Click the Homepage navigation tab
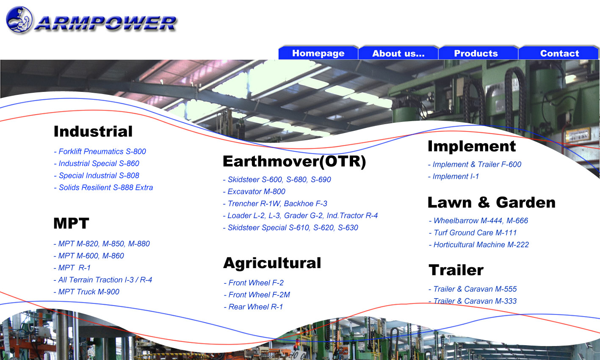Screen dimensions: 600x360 [x=318, y=53]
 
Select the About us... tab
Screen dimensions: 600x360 [x=398, y=53]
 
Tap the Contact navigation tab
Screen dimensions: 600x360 [x=559, y=53]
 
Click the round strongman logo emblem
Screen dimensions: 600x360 [x=19, y=20]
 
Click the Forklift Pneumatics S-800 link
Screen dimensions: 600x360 [x=100, y=151]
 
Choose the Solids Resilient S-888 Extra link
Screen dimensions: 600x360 [x=103, y=188]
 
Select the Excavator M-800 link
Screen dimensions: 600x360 [x=254, y=191]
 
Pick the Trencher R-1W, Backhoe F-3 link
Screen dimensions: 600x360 [x=275, y=204]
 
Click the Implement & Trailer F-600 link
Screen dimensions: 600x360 [x=475, y=164]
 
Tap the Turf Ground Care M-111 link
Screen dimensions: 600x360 [x=473, y=233]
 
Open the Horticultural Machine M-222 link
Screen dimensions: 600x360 [x=479, y=244]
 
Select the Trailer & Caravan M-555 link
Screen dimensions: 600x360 [x=473, y=289]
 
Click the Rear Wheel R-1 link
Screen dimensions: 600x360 [x=253, y=307]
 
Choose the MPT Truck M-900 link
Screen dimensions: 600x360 [x=86, y=292]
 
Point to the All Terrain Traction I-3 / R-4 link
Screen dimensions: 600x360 [x=103, y=280]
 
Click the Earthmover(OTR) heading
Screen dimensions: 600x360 [x=294, y=161]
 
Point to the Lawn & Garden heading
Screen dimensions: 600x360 [x=492, y=202]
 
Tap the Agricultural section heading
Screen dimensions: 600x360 [x=272, y=263]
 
